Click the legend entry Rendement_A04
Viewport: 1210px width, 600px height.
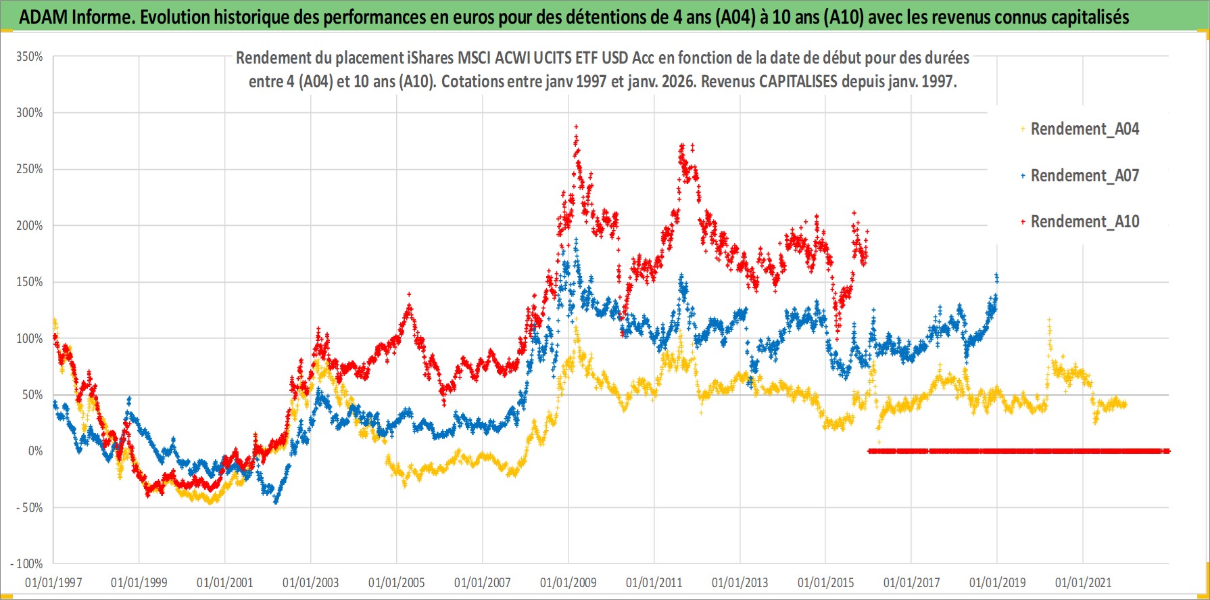1084,129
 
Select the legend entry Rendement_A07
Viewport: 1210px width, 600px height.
1084,176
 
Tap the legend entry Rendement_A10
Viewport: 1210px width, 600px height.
1084,222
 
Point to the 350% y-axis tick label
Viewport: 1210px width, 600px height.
30,57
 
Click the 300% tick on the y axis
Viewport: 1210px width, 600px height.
30,113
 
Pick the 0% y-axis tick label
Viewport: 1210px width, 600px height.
35,451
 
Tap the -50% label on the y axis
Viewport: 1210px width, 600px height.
30,507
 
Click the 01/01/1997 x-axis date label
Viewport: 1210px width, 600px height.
53,582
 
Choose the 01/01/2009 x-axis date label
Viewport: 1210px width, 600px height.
568,582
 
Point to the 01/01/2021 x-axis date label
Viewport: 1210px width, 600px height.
1083,582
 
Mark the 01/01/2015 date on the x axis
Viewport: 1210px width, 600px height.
825,582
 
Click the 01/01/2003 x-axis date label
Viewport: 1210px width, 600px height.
311,582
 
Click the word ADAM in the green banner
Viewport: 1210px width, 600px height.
43,17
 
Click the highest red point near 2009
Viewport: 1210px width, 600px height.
575,126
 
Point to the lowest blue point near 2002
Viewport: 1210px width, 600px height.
276,502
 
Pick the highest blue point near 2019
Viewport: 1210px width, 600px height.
996,275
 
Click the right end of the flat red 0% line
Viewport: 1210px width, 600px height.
1168,451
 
